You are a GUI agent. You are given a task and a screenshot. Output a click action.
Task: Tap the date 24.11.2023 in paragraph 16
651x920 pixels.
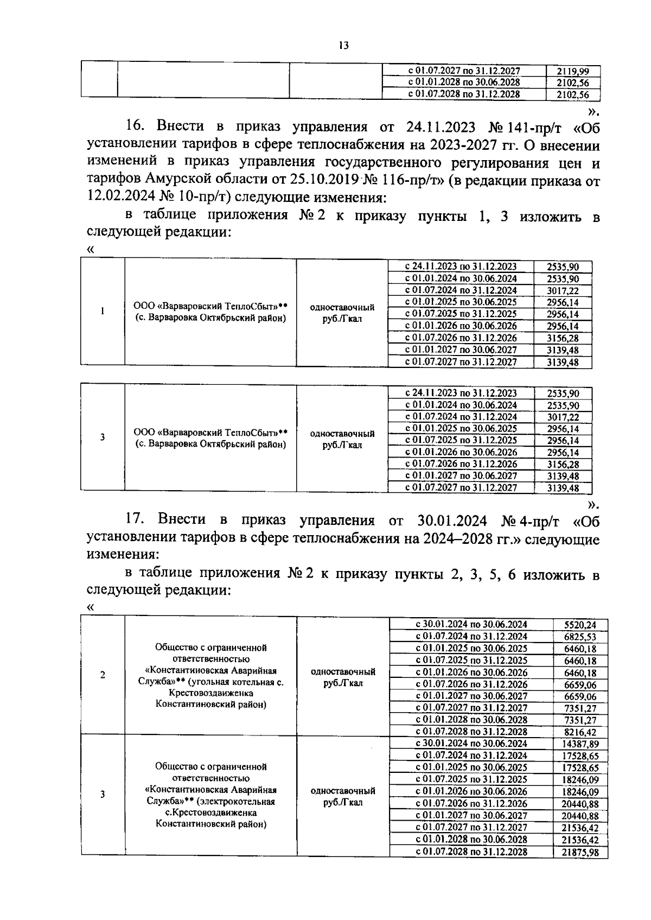[x=441, y=126]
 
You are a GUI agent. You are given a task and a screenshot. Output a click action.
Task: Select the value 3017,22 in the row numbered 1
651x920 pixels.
[x=563, y=291]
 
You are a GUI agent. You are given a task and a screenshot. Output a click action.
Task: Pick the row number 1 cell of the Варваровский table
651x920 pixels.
[x=103, y=312]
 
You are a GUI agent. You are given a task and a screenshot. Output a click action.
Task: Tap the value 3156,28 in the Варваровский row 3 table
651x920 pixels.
[x=563, y=464]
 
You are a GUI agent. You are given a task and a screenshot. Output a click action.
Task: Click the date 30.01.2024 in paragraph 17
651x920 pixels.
[x=454, y=520]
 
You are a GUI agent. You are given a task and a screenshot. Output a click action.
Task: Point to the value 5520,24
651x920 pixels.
[x=580, y=625]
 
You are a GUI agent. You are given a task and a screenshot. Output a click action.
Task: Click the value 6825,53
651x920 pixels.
[x=580, y=637]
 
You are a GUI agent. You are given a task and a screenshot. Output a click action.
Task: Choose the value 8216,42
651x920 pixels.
[x=580, y=732]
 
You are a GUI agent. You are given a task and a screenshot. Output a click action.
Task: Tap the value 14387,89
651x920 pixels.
[x=580, y=744]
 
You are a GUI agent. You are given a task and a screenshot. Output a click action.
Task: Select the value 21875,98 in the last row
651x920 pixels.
[x=580, y=852]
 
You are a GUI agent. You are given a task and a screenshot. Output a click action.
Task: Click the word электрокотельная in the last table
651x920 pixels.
[x=236, y=801]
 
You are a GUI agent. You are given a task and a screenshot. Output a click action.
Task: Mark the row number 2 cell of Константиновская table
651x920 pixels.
[x=103, y=675]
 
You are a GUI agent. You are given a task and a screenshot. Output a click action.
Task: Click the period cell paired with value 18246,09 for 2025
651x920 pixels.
[x=471, y=779]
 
